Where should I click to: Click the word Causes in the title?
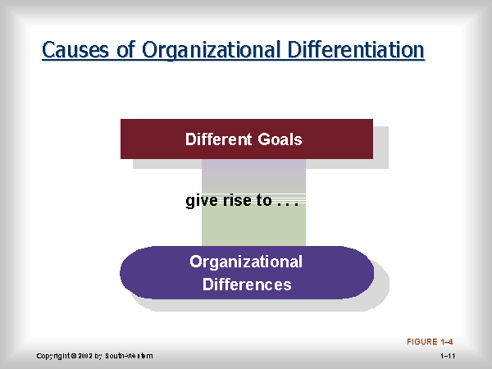(75, 49)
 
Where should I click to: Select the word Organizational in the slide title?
(211, 50)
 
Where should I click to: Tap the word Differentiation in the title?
(356, 49)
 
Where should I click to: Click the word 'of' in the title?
(125, 49)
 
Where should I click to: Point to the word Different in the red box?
(218, 139)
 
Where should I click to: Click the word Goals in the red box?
(280, 139)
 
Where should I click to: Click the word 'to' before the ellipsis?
(264, 201)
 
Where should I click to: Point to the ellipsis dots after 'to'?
(288, 204)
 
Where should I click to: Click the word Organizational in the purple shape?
(246, 262)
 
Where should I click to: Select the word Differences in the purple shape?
(247, 285)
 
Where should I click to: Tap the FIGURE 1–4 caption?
(430, 342)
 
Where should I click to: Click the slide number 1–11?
(448, 356)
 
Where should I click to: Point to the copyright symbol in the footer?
(74, 356)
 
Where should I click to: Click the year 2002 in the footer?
(85, 356)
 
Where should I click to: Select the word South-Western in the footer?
(129, 356)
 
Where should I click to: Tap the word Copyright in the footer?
(53, 356)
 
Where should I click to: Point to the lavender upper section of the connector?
(253, 175)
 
